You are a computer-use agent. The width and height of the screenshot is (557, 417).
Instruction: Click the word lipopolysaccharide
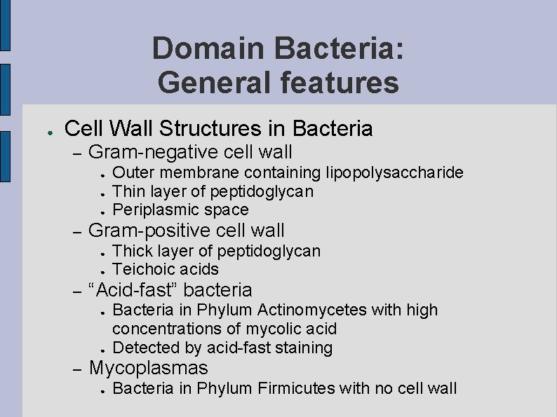(395, 172)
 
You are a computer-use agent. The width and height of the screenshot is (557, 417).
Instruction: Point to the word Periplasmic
(155, 210)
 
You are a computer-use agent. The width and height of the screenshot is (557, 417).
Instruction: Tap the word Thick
(130, 250)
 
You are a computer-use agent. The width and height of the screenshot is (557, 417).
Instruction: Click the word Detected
(143, 348)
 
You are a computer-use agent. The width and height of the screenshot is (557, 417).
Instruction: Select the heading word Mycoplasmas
(149, 368)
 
